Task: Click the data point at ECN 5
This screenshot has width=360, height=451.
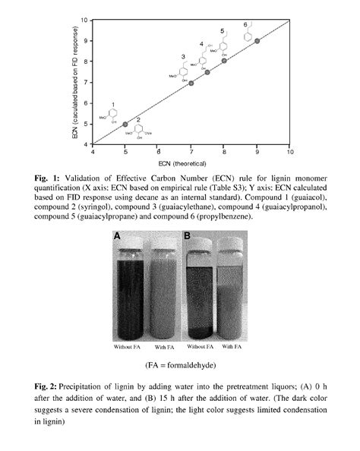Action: point(125,124)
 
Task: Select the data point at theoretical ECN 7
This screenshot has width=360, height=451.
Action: point(191,83)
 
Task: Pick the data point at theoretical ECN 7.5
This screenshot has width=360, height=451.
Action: point(207,72)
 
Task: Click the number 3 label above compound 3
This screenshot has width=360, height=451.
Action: point(184,57)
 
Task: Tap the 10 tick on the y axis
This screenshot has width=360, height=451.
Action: point(86,20)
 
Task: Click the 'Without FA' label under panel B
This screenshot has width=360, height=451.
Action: point(198,347)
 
